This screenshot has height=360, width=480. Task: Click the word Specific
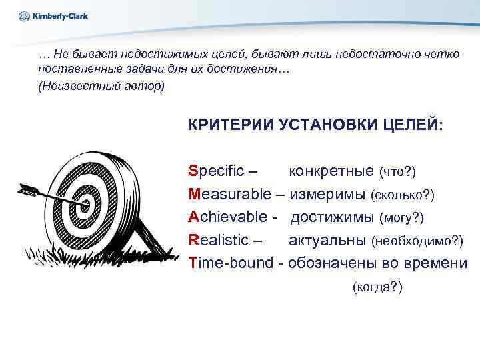tap(217, 171)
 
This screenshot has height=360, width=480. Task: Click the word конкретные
tap(331, 171)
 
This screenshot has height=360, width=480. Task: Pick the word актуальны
tap(327, 239)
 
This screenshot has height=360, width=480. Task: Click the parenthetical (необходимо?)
tap(417, 240)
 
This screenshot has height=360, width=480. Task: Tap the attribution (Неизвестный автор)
tap(101, 87)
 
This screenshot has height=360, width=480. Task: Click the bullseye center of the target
tap(85, 200)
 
